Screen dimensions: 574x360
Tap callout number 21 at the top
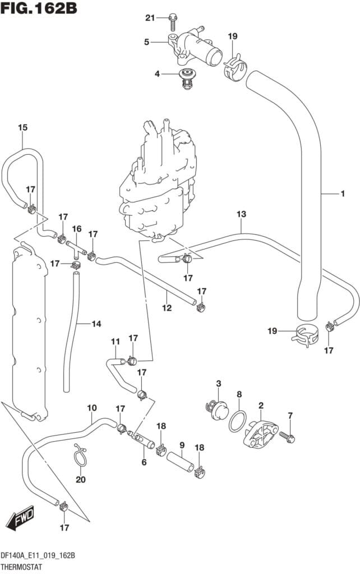150,18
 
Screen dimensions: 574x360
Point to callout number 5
146,41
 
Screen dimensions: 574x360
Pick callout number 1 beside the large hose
341,194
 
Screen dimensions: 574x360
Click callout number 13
241,214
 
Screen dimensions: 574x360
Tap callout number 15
22,128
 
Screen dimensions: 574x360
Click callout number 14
96,323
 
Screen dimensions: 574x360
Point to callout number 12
167,308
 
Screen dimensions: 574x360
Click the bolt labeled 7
288,438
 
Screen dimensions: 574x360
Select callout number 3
219,383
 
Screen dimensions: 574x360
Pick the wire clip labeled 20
81,454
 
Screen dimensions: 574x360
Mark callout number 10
92,408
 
